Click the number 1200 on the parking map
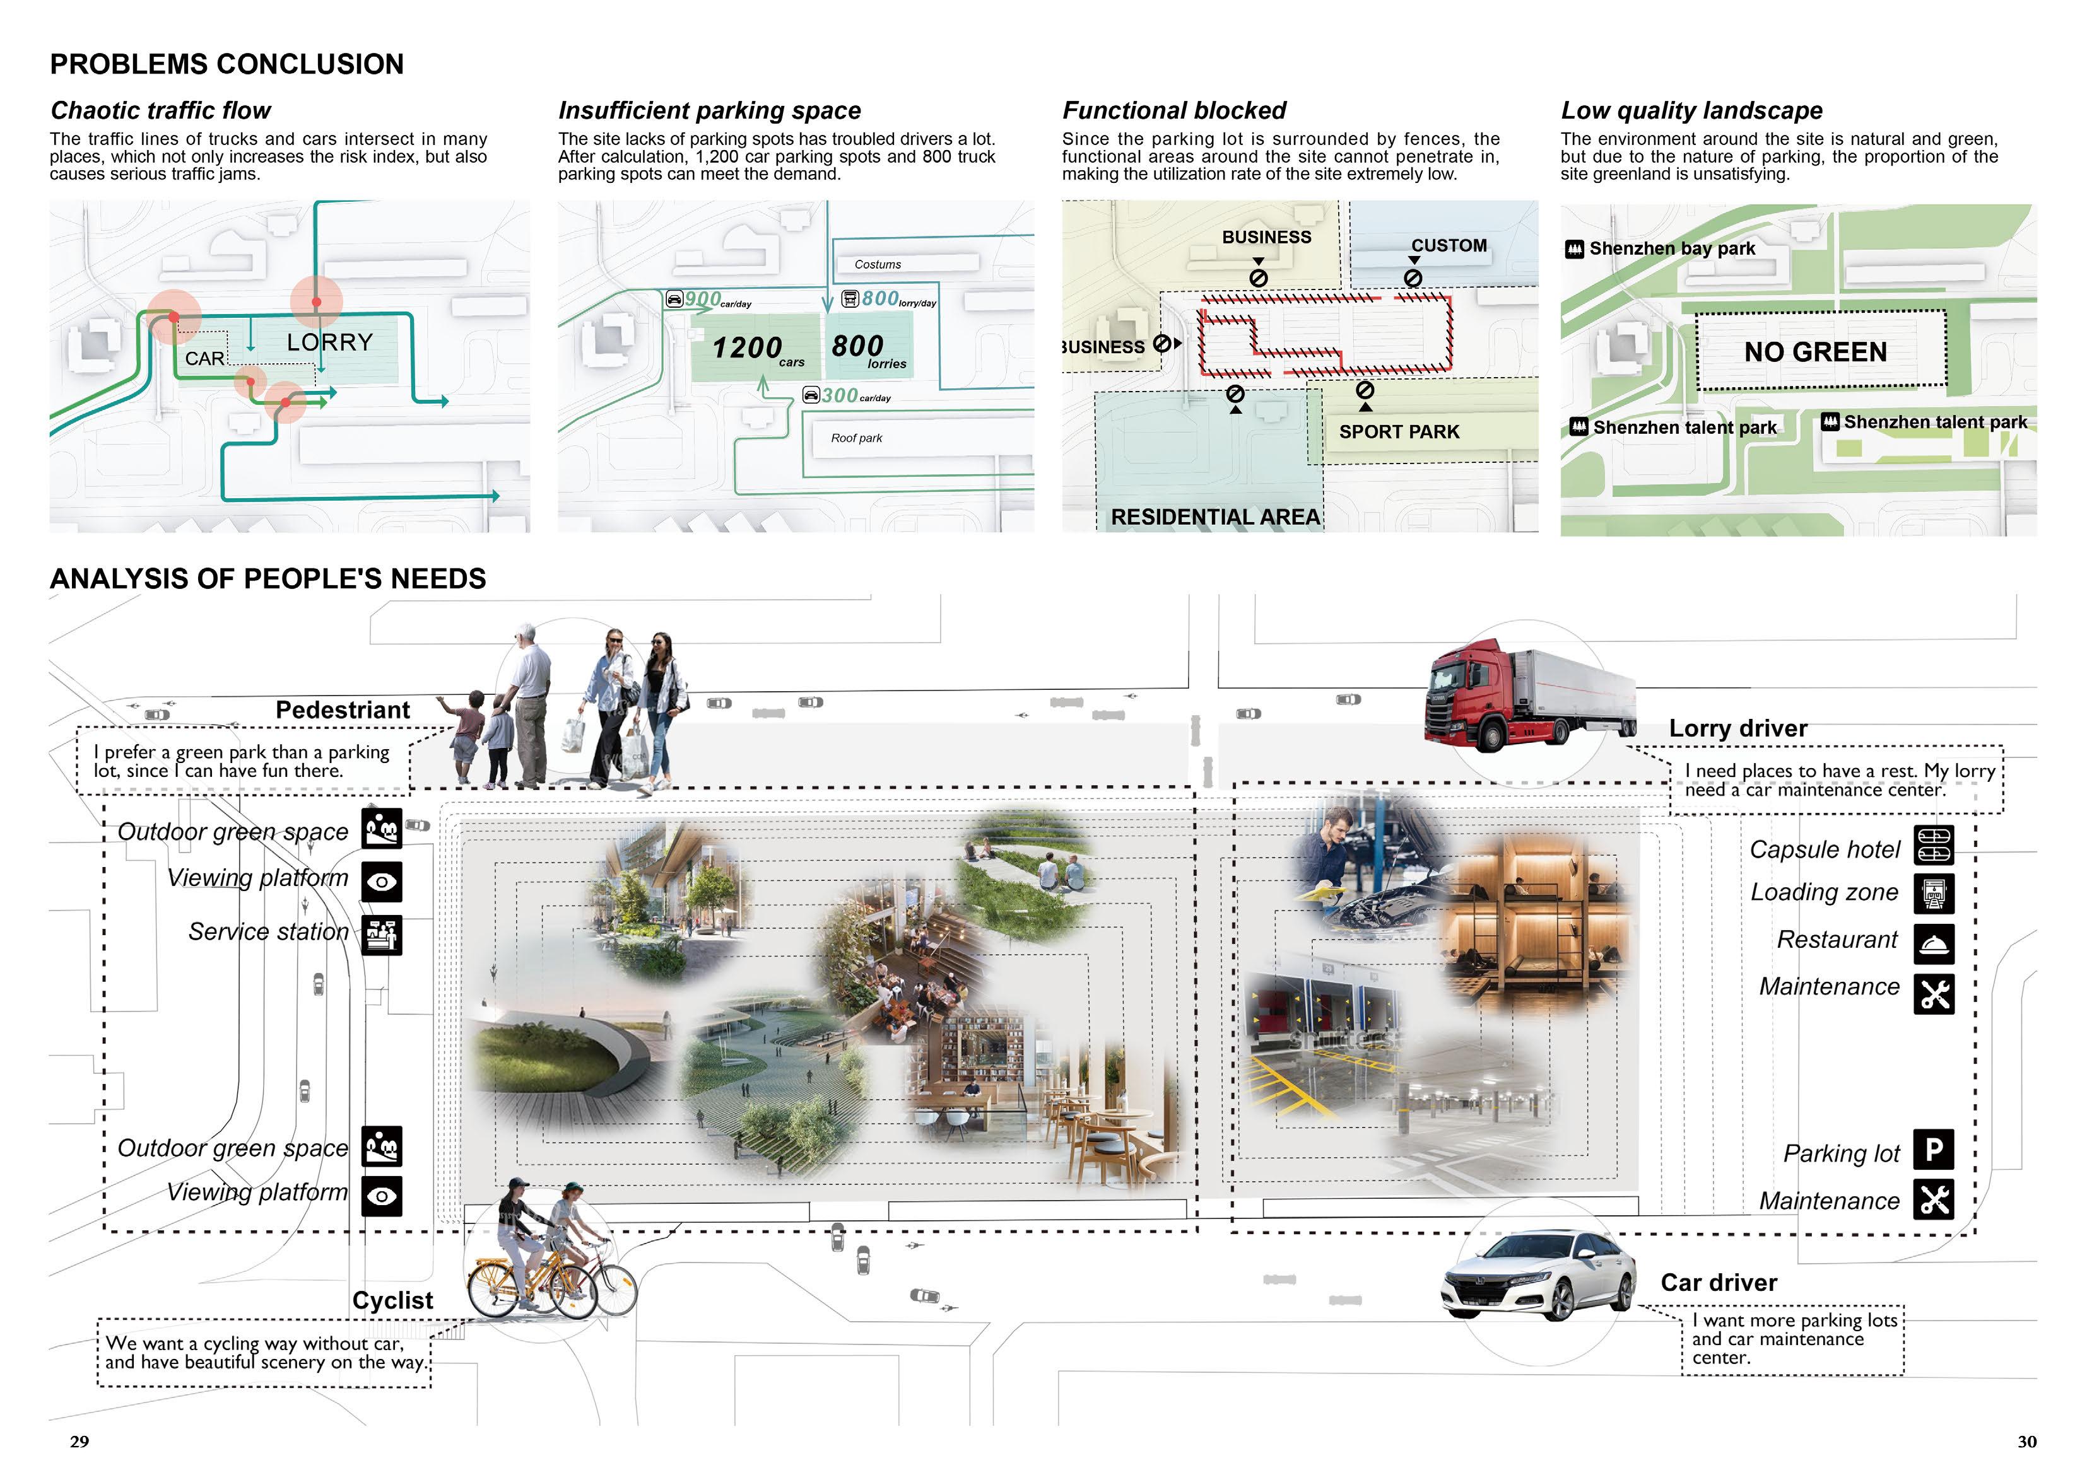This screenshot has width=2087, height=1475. coord(746,347)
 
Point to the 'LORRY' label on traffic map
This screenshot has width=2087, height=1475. coord(329,342)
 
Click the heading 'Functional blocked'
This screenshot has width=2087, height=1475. coord(1173,111)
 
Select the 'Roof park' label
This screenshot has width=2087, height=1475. coord(856,438)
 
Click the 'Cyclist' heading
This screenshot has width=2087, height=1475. coord(392,1300)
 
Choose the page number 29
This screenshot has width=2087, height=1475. coord(79,1442)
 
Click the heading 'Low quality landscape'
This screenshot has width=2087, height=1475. coord(1691,111)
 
